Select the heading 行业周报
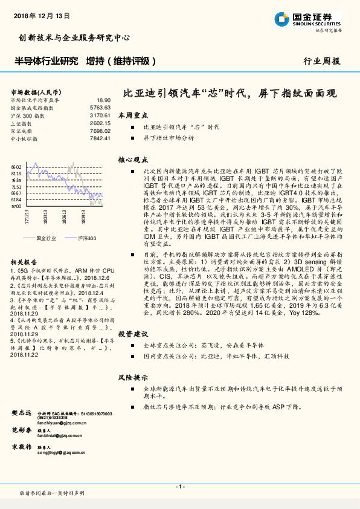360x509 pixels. (x=321, y=61)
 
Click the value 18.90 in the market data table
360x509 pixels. (x=103, y=100)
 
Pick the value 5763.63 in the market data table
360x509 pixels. (x=100, y=107)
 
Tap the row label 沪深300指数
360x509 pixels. (x=28, y=115)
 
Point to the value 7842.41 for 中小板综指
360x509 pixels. (x=100, y=138)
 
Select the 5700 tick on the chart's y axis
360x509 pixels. (x=16, y=206)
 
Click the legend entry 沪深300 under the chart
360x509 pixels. (x=86, y=239)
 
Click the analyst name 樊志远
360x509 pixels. (x=22, y=412)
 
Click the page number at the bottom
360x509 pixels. (x=179, y=487)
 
